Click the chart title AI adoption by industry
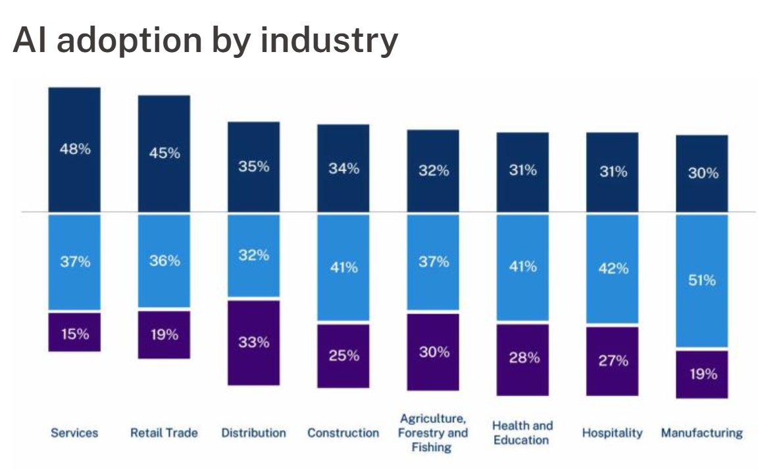coord(205,40)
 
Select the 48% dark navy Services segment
coord(74,150)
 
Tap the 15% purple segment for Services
coord(74,332)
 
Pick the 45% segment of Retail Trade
coord(164,153)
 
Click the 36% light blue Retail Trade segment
coord(164,261)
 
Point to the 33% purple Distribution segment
coord(254,343)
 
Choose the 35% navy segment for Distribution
coord(254,167)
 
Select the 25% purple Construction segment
coord(343,356)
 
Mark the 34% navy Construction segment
coord(343,168)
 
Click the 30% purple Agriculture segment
coord(433,352)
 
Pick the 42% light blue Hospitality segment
coord(613,269)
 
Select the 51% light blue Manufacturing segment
coord(702,280)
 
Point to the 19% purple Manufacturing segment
coord(702,374)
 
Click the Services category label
coord(74,433)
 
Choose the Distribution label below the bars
coord(254,433)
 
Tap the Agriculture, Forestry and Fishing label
coord(433,433)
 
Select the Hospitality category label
coord(613,433)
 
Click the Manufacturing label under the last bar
coord(702,433)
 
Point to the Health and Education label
coord(523,433)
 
